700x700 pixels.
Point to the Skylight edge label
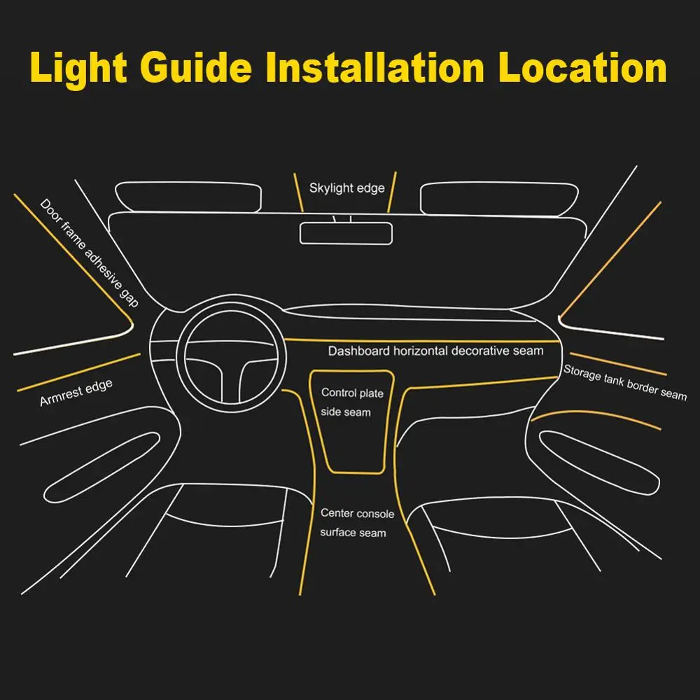(x=347, y=188)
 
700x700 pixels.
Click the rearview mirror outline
(x=346, y=232)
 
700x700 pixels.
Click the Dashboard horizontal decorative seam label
(x=435, y=351)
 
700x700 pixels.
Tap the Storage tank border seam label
(x=625, y=383)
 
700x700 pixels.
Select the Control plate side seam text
(x=351, y=402)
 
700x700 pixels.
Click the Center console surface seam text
(x=356, y=523)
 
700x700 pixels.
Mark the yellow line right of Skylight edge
(x=392, y=190)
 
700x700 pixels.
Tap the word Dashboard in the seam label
(x=359, y=351)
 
